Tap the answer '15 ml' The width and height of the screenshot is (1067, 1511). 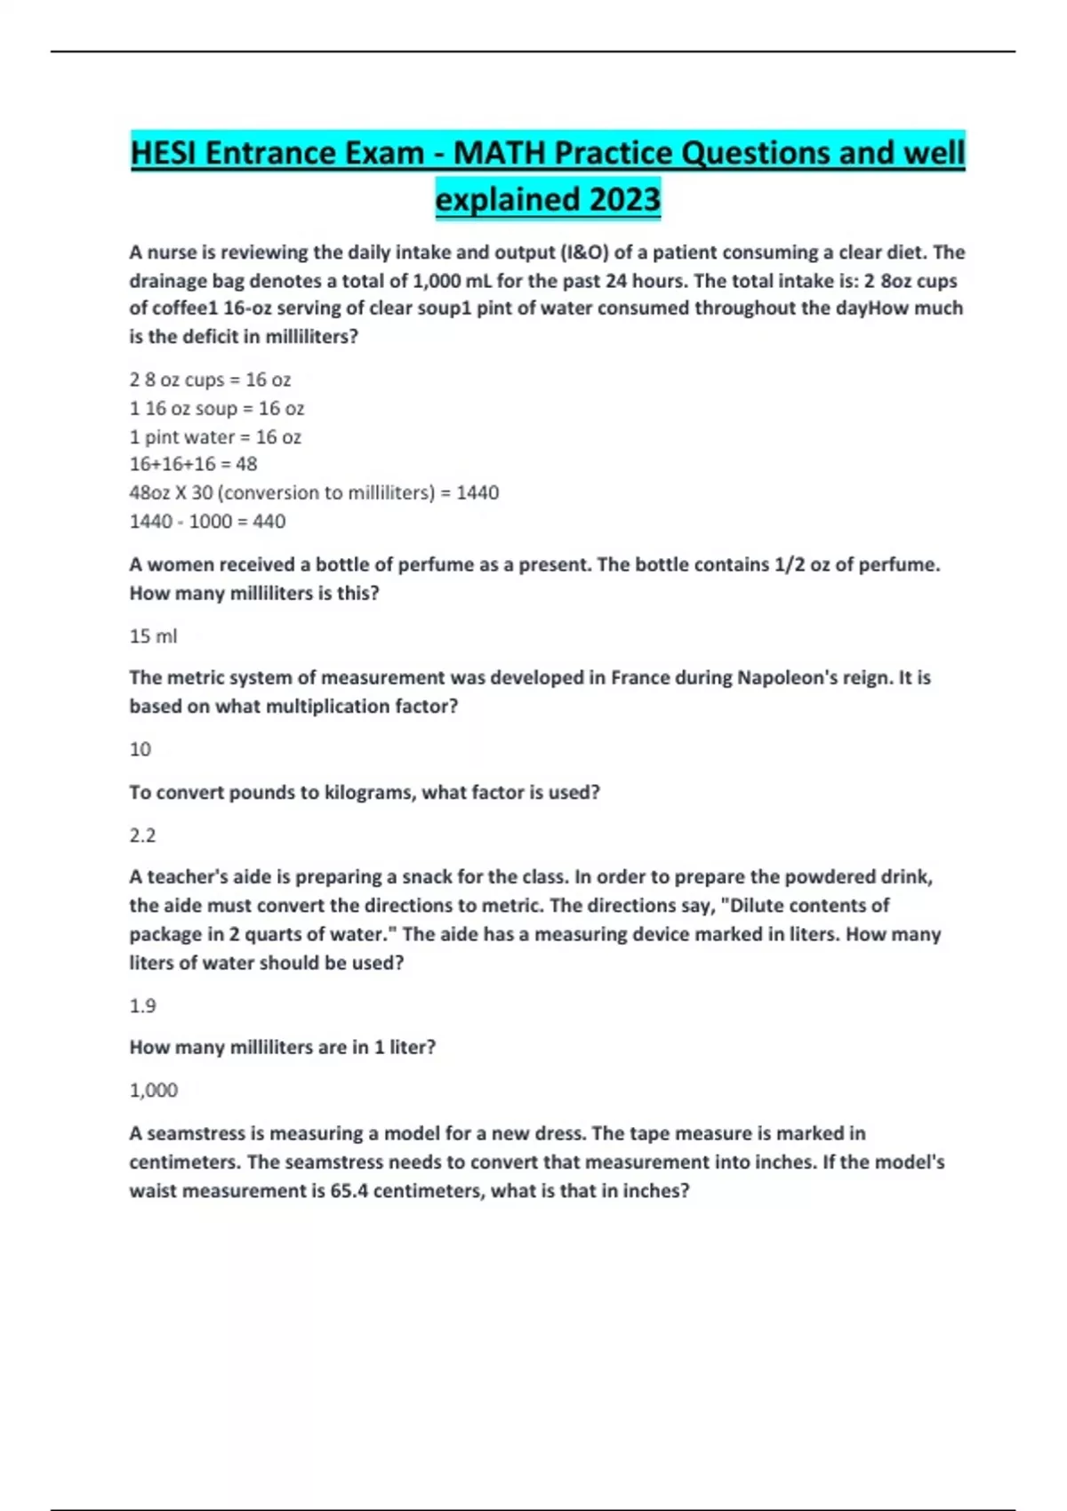point(153,636)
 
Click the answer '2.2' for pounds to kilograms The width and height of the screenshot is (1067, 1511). point(142,835)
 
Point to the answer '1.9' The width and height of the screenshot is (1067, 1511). point(142,1006)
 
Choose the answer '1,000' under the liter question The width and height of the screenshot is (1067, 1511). point(153,1091)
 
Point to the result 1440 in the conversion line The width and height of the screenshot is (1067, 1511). point(477,493)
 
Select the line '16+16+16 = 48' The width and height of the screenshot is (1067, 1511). point(193,464)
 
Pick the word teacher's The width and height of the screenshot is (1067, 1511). point(190,877)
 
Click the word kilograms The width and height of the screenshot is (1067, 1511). point(363,793)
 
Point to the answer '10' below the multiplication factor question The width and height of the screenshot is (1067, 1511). point(140,750)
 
